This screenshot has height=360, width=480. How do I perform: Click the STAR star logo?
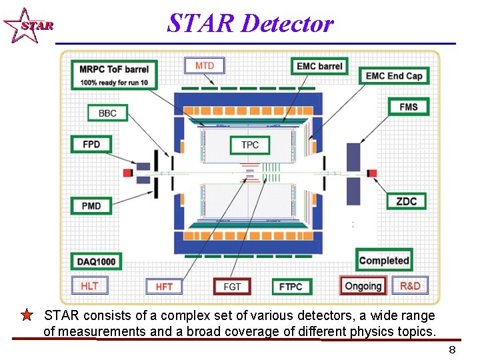[27, 26]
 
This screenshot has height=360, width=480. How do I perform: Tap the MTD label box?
[204, 65]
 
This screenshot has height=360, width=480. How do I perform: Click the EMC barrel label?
[319, 66]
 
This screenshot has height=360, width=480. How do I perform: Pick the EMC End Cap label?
[393, 75]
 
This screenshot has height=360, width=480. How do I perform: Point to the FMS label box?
[409, 107]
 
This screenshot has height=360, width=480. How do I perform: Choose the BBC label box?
[107, 113]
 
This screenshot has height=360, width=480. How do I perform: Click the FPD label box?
[91, 144]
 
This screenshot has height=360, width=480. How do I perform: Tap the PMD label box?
[91, 205]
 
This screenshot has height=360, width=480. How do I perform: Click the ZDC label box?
[406, 201]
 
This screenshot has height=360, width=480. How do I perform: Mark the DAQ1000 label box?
[96, 261]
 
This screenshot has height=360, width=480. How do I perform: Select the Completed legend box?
[383, 260]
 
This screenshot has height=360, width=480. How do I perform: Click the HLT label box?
[89, 286]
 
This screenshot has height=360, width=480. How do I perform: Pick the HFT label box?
[164, 287]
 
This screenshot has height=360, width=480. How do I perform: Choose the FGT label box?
[232, 287]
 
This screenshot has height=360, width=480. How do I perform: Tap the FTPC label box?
[291, 287]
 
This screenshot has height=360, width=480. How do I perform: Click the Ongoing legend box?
[363, 286]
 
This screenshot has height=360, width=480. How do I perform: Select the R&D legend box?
[410, 286]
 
